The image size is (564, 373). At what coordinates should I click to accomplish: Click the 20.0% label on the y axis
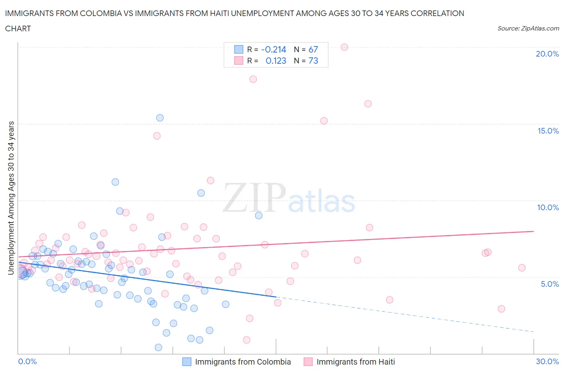click(547, 54)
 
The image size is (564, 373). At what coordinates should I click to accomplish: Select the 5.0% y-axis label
click(550, 284)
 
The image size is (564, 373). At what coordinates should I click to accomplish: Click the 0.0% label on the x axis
click(27, 361)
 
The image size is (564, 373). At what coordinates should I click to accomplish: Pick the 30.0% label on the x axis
click(547, 361)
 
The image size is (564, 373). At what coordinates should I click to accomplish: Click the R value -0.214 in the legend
click(274, 49)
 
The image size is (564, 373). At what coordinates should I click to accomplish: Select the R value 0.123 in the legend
click(276, 61)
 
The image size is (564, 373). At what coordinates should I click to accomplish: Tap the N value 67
click(313, 49)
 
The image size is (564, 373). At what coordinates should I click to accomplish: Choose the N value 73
click(313, 61)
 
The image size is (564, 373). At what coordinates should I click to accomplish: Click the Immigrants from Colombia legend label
click(243, 362)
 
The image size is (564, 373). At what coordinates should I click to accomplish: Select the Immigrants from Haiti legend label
click(355, 362)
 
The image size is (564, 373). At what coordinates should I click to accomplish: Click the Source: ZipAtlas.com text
click(528, 28)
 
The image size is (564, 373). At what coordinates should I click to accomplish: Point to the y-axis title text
click(11, 198)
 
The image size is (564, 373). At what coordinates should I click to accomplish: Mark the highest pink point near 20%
click(344, 47)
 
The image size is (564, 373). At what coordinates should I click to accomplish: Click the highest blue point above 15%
click(160, 118)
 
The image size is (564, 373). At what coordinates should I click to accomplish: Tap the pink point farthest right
click(521, 268)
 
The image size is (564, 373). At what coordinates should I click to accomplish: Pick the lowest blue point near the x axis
click(158, 347)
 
